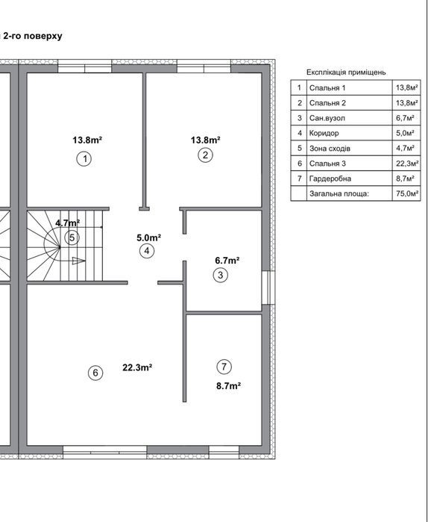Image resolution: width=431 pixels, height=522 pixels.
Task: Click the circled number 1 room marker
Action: [x=84, y=159]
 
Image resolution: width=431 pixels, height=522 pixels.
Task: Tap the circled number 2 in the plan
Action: [x=205, y=155]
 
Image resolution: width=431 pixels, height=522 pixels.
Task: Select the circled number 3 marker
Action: [x=220, y=275]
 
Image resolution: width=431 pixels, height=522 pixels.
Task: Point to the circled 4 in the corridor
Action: [x=147, y=251]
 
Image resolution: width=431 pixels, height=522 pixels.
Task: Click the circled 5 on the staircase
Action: [x=72, y=237]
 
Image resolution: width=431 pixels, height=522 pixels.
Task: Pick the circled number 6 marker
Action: [x=95, y=373]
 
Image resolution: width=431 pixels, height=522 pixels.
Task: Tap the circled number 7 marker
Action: [x=224, y=367]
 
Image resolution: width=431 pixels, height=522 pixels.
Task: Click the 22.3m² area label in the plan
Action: [x=137, y=367]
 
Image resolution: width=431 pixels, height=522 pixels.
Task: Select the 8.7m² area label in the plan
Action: [x=229, y=386]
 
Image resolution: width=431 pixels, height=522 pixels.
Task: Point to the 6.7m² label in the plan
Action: [x=227, y=261]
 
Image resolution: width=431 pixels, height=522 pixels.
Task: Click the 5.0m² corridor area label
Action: [x=149, y=237]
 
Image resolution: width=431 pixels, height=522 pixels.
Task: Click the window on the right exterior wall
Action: [x=268, y=288]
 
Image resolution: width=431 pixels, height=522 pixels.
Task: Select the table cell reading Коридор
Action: [x=350, y=133]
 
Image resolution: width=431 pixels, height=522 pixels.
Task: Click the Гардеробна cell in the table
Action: [x=350, y=178]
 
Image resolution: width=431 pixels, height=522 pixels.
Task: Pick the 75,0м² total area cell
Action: [x=406, y=193]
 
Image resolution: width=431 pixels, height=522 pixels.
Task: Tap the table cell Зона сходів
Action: [x=350, y=148]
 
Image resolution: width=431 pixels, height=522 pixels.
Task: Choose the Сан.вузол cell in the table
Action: [x=350, y=118]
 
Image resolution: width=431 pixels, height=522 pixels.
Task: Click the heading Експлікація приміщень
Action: [x=346, y=72]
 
